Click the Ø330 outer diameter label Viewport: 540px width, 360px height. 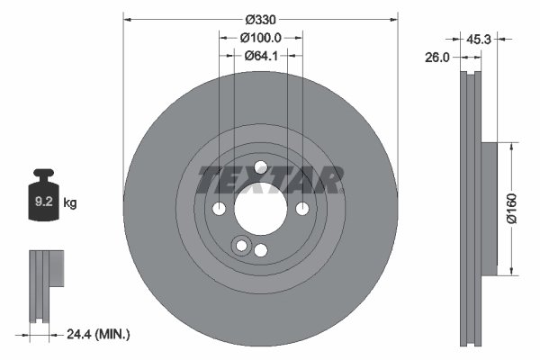(x=261, y=19)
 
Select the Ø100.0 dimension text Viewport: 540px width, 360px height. (x=261, y=38)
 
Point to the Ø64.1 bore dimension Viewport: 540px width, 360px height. (x=261, y=56)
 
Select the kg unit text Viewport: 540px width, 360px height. (x=71, y=203)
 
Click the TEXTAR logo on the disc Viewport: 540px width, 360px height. (x=270, y=180)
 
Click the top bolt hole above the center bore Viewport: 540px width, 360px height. (x=260, y=167)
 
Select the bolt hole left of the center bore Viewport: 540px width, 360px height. (x=220, y=209)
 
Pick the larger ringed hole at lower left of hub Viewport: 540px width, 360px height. (x=240, y=246)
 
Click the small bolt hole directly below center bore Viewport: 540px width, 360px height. (x=260, y=250)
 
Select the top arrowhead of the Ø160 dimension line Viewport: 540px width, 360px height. (x=512, y=145)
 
